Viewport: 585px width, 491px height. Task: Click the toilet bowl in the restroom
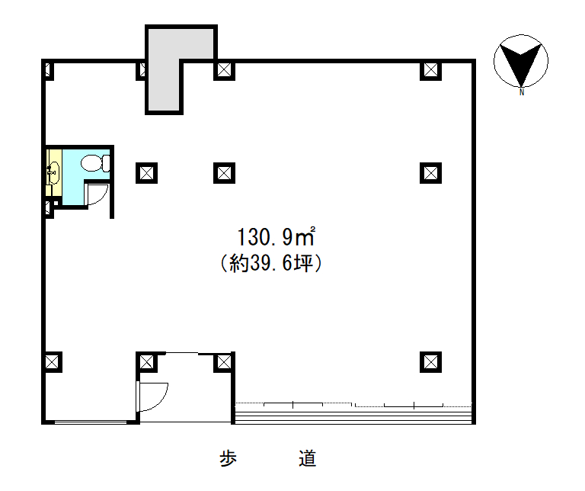pyautogui.click(x=95, y=163)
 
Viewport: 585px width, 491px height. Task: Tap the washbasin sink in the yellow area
pyautogui.click(x=54, y=173)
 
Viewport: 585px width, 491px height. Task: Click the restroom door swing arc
pyautogui.click(x=96, y=194)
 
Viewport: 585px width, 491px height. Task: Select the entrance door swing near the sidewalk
pyautogui.click(x=153, y=396)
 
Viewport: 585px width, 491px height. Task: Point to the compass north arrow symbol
pyautogui.click(x=521, y=62)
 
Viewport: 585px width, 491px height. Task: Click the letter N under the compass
pyautogui.click(x=522, y=92)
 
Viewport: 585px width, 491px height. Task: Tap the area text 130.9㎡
pyautogui.click(x=276, y=237)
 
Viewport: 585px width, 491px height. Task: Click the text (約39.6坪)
pyautogui.click(x=271, y=263)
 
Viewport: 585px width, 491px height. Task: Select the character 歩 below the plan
pyautogui.click(x=228, y=459)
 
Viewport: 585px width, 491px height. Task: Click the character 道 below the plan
pyautogui.click(x=308, y=459)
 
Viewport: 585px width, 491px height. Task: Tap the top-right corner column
pyautogui.click(x=430, y=70)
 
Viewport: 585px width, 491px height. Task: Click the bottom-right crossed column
pyautogui.click(x=430, y=362)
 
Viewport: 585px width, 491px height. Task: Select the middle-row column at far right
pyautogui.click(x=430, y=173)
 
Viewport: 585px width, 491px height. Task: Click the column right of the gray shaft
pyautogui.click(x=224, y=70)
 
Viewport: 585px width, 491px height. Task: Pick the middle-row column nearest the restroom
pyautogui.click(x=146, y=173)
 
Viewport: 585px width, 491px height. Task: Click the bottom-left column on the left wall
pyautogui.click(x=53, y=362)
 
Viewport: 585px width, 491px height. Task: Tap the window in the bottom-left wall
pyautogui.click(x=91, y=422)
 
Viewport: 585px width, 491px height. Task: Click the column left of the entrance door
pyautogui.click(x=146, y=362)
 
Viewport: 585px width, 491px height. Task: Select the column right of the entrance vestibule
pyautogui.click(x=224, y=362)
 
